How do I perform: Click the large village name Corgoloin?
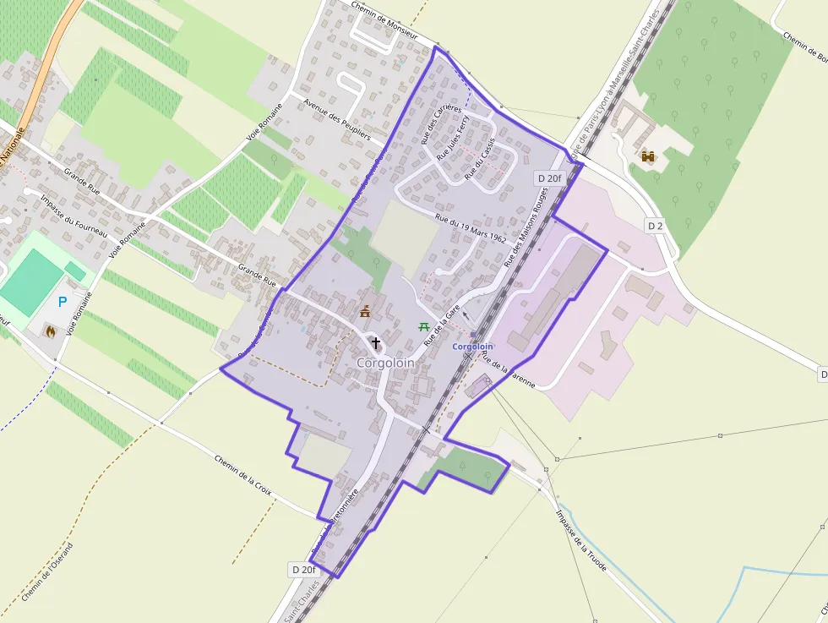[x=385, y=363]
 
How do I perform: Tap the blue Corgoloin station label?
[x=472, y=347]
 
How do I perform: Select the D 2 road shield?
[x=656, y=226]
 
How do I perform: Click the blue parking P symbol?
[x=63, y=301]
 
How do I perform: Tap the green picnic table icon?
[x=423, y=325]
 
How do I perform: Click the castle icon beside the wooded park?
[x=649, y=156]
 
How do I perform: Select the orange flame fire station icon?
[x=51, y=331]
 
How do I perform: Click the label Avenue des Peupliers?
[x=337, y=119]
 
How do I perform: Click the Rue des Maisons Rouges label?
[x=527, y=227]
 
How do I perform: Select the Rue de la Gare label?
[x=441, y=325]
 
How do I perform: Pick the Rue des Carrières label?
[x=442, y=123]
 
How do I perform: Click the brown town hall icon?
[x=365, y=313]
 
